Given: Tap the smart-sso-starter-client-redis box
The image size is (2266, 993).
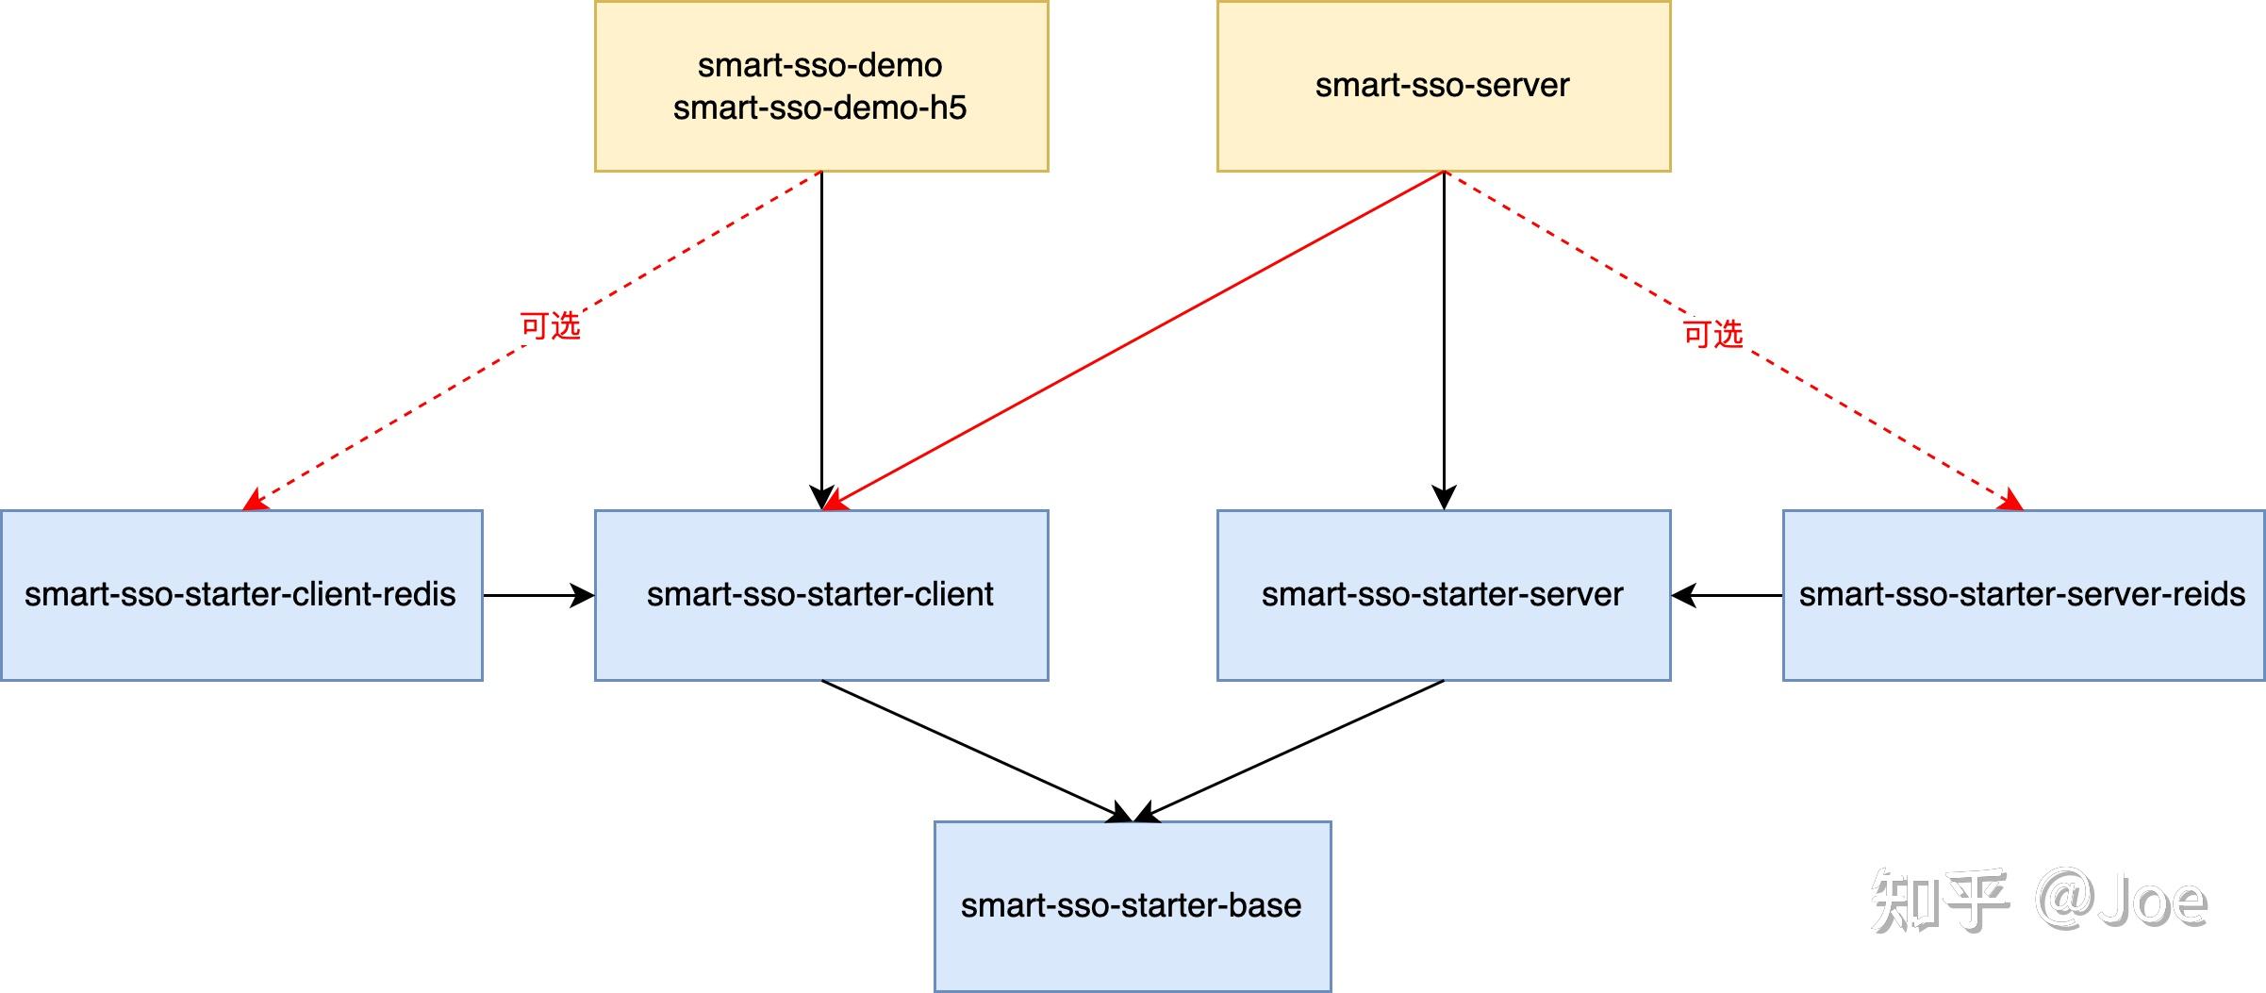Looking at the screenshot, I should point(241,641).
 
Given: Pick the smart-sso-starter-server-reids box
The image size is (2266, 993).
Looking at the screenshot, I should point(2023,641).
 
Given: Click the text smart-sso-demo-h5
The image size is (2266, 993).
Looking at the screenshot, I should point(819,108).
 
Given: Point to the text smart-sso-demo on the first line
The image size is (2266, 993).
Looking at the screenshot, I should point(819,65).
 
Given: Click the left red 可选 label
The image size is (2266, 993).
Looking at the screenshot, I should point(550,326).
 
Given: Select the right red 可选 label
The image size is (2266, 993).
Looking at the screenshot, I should point(1712,334).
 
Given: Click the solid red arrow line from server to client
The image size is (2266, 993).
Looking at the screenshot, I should point(1132,340).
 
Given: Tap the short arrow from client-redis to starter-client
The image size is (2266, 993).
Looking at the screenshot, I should point(538,595).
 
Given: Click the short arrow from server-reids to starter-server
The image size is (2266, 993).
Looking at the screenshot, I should point(1726,595).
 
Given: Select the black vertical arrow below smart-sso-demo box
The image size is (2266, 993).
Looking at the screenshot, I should point(821,339).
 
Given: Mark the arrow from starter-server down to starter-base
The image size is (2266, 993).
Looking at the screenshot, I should point(1292,749).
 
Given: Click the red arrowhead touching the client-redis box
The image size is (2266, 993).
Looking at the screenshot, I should point(255,500).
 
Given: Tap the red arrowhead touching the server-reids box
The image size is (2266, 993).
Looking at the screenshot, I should point(2010,500).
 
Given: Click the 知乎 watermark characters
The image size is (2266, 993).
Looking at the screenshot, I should point(1938,902).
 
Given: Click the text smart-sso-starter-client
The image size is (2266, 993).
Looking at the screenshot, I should point(819,594).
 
